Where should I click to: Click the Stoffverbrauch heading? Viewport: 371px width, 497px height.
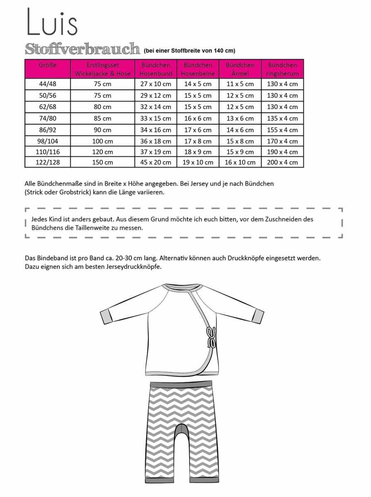[82, 49]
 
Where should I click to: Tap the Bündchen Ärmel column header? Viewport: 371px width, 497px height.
[240, 69]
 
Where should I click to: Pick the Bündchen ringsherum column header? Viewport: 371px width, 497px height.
[283, 69]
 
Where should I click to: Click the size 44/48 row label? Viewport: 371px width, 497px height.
[47, 84]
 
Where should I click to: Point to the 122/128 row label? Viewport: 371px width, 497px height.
[47, 162]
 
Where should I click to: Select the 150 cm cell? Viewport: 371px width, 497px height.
[103, 162]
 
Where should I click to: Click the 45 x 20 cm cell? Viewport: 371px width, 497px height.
[156, 162]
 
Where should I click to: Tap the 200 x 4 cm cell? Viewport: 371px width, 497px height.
[283, 162]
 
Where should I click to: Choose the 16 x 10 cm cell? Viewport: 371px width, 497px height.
[240, 162]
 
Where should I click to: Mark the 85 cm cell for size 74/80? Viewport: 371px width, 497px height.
[103, 118]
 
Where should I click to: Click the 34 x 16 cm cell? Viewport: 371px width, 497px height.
[156, 130]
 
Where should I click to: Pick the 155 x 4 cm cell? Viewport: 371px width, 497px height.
[283, 130]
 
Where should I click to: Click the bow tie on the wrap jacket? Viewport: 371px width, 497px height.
[212, 334]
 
